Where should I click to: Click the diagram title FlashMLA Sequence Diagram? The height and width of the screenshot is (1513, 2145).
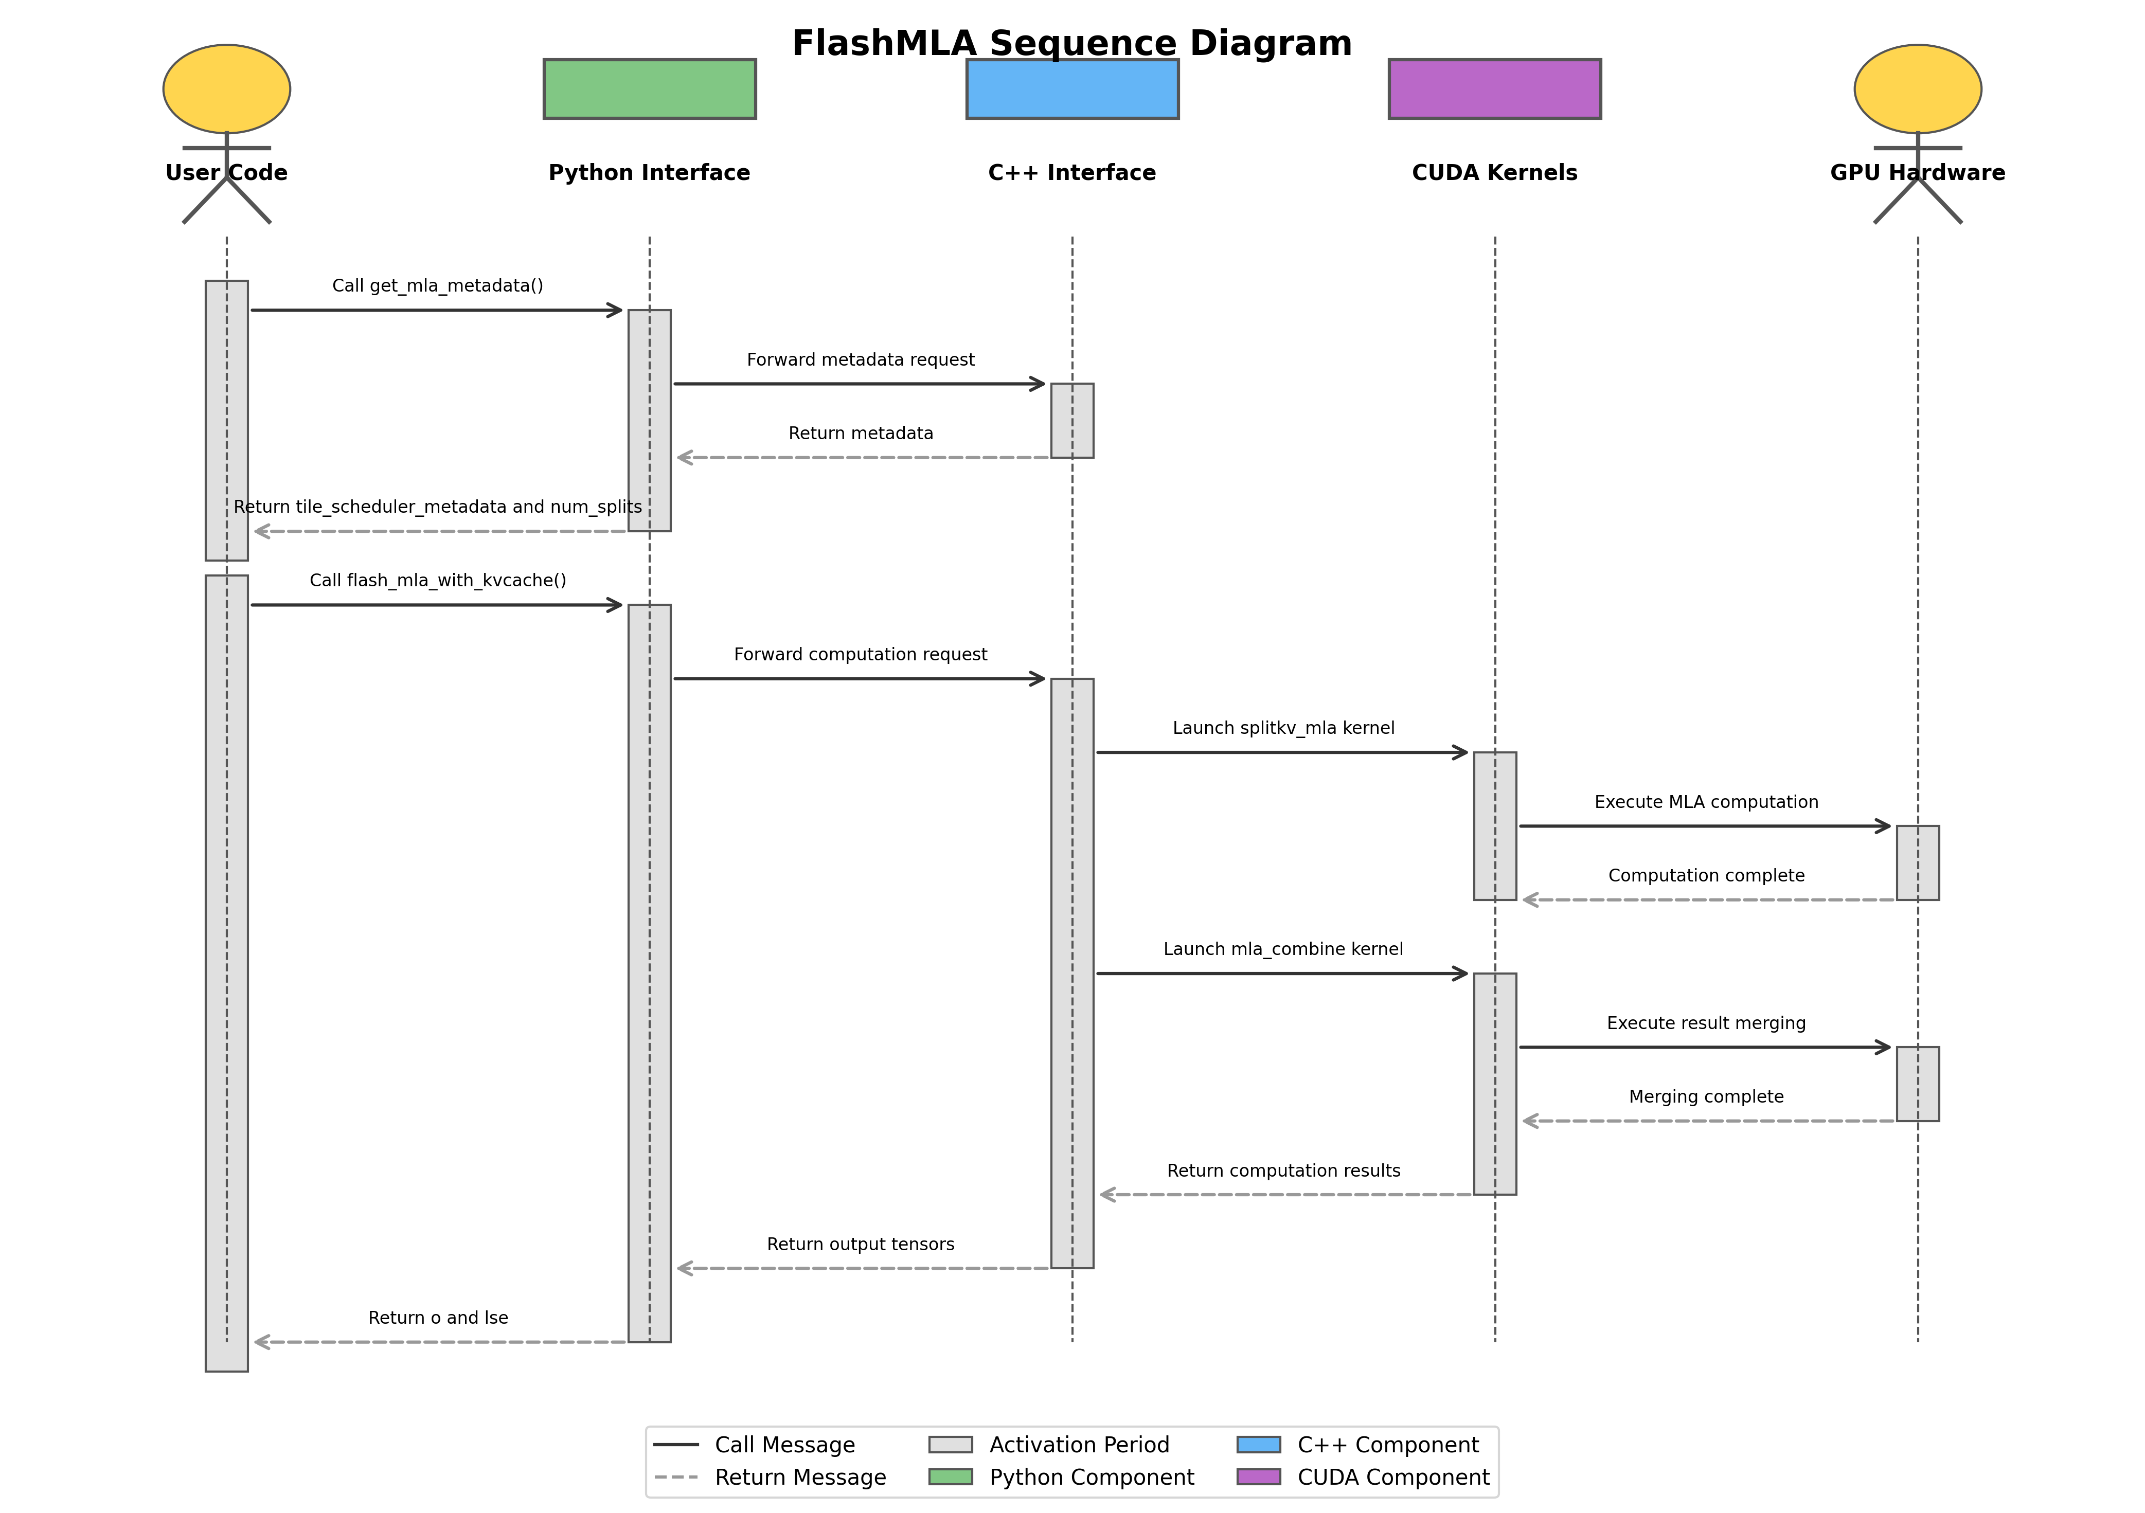click(1071, 44)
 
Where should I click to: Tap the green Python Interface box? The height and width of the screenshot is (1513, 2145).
click(649, 89)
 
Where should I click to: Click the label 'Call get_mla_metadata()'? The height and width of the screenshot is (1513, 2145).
click(437, 286)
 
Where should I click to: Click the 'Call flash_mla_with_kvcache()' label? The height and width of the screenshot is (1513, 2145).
click(437, 580)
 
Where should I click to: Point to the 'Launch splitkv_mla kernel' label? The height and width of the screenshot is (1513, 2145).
click(1283, 728)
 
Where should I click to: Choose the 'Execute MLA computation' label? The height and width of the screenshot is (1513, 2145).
click(1706, 801)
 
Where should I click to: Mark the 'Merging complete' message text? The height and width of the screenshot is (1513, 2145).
click(1706, 1096)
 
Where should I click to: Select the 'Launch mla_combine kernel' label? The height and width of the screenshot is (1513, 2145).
click(1283, 949)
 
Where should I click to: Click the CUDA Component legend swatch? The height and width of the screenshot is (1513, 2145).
click(1258, 1476)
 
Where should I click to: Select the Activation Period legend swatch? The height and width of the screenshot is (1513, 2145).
click(950, 1445)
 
